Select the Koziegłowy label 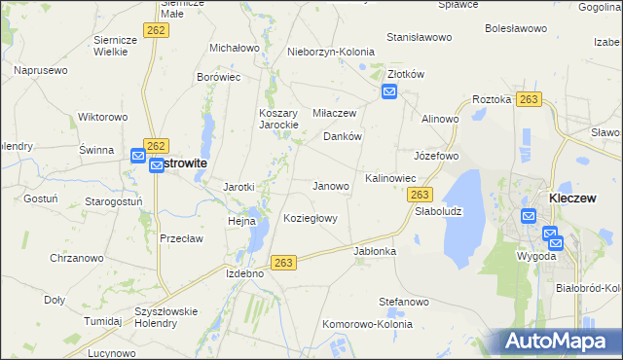click(x=310, y=218)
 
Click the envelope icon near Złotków click(x=389, y=92)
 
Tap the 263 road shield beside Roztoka click(x=529, y=99)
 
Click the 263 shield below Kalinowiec click(x=413, y=196)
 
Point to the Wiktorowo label click(x=103, y=117)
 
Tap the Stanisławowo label click(x=420, y=37)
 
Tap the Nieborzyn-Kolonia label click(x=329, y=52)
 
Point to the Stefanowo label click(x=404, y=302)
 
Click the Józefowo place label click(x=436, y=156)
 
